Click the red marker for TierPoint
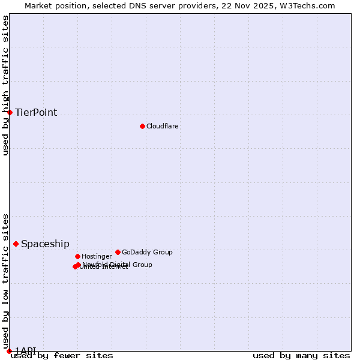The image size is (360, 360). pos(10,112)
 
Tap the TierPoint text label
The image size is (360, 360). pos(36,113)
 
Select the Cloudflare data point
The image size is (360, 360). pos(142,126)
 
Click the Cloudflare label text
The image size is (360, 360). pos(162,126)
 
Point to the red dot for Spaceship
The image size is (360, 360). pos(16,244)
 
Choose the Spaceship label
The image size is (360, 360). pos(45,244)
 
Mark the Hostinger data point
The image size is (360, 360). pos(77,256)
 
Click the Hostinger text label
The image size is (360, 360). pos(97,256)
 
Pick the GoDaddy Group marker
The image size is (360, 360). pos(118,252)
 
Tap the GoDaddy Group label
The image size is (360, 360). pos(147,252)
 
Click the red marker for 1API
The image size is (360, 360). pos(9,351)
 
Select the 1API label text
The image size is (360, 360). pos(26,350)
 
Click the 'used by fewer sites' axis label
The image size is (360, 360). pos(62,356)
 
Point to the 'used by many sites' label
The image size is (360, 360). pos(301,356)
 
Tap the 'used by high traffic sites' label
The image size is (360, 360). pos(6,85)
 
